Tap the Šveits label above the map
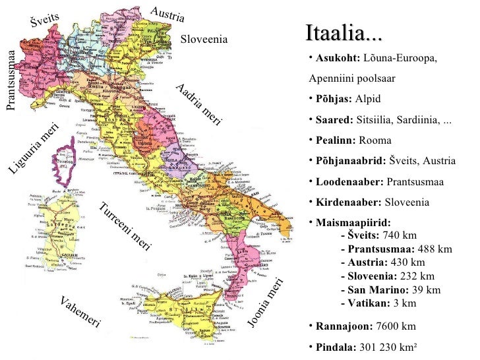click(x=45, y=20)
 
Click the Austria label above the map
click(x=167, y=13)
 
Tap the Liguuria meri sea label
click(x=34, y=150)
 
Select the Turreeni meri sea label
click(x=125, y=228)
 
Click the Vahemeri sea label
click(x=80, y=312)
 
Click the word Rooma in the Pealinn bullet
click(x=375, y=140)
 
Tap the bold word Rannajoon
click(x=343, y=326)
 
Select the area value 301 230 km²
click(x=384, y=347)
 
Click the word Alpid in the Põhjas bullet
click(x=368, y=99)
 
